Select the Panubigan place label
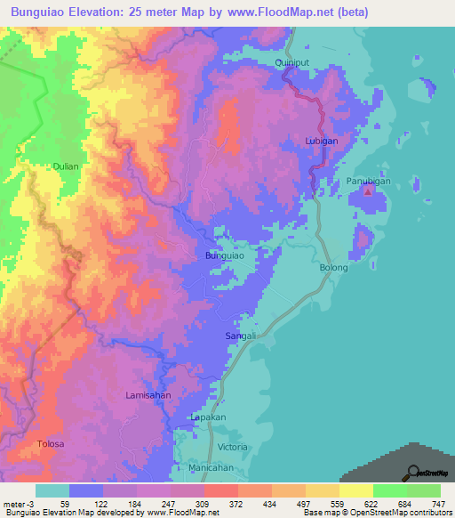[368, 181]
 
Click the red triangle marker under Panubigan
[369, 191]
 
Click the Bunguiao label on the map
[225, 255]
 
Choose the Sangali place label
[241, 336]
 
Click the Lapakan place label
[210, 417]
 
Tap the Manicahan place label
[211, 467]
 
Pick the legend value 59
[65, 505]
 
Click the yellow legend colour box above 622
[355, 490]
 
